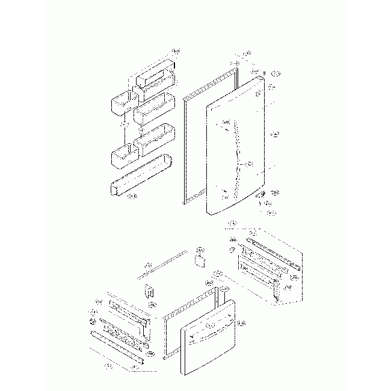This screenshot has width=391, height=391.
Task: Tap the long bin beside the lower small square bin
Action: tap(155, 139)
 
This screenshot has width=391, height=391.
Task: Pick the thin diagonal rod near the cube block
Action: tap(162, 265)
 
